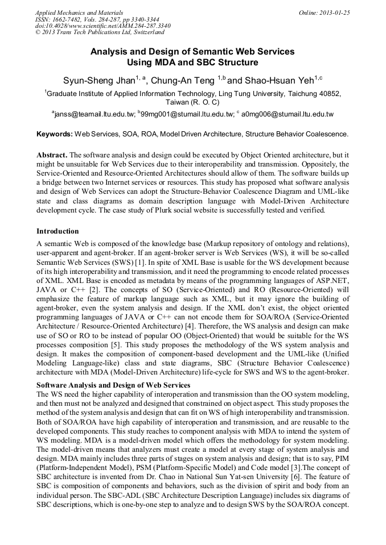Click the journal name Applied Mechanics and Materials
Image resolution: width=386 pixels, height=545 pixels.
tap(79, 13)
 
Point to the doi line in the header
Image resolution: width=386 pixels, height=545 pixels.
tap(102, 26)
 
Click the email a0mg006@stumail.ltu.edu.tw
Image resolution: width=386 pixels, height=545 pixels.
tap(287, 114)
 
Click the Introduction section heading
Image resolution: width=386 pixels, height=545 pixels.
tap(58, 231)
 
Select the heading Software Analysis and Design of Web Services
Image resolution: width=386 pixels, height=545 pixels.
tap(113, 385)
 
